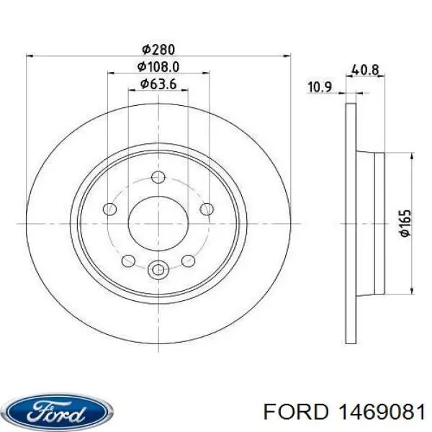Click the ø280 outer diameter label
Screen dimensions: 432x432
pyautogui.click(x=158, y=49)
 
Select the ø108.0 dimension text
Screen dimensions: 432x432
pyautogui.click(x=158, y=67)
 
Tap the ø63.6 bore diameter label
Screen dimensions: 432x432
pyautogui.click(x=158, y=85)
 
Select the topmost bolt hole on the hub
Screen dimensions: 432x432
pyautogui.click(x=158, y=176)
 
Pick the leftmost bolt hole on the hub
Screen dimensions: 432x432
pyautogui.click(x=109, y=210)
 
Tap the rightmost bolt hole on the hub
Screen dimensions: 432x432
pyautogui.click(x=207, y=210)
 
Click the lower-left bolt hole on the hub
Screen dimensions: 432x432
pyautogui.click(x=129, y=261)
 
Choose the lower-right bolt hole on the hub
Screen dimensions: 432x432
pyautogui.click(x=188, y=261)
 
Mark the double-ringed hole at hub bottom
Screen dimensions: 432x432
pyautogui.click(x=158, y=270)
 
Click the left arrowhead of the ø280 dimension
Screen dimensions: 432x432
pyautogui.click(x=30, y=55)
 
